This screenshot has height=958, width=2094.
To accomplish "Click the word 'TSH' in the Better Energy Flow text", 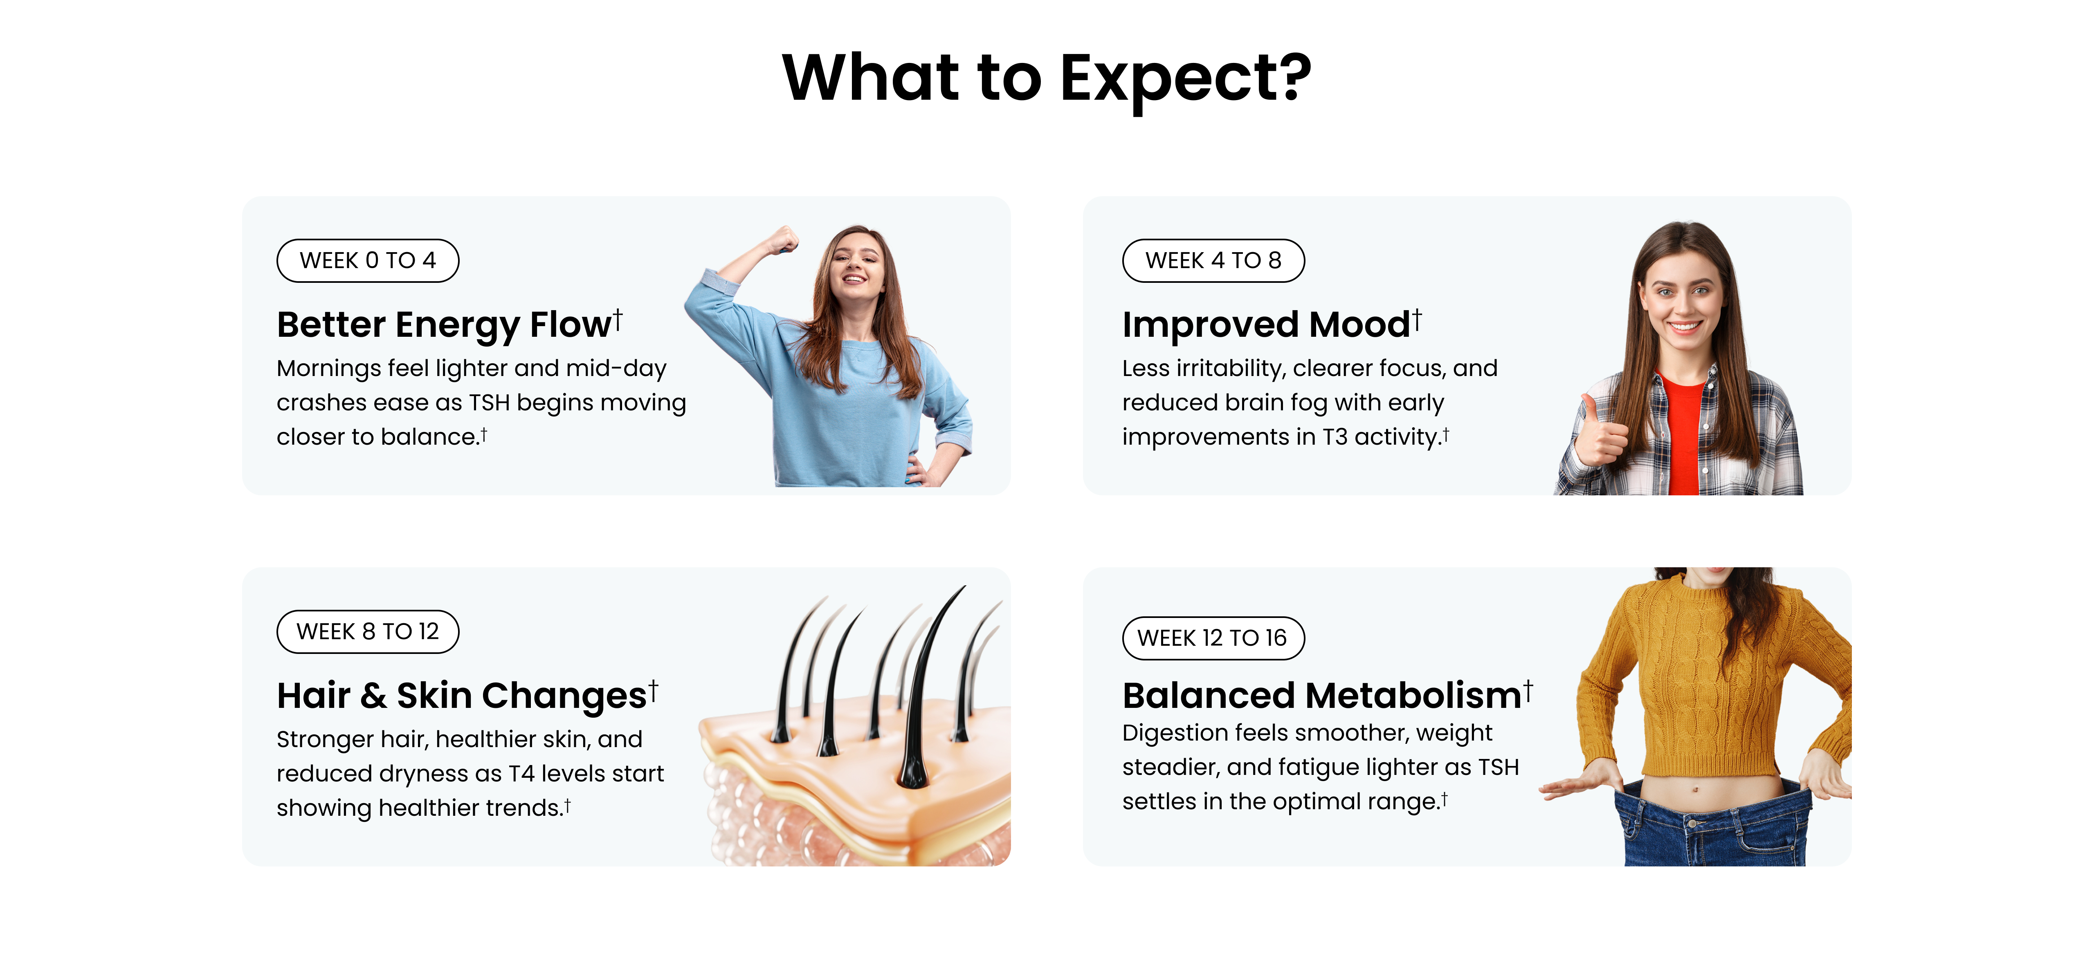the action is [x=490, y=403].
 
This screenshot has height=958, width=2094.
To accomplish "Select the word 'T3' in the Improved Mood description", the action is [x=1335, y=437].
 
